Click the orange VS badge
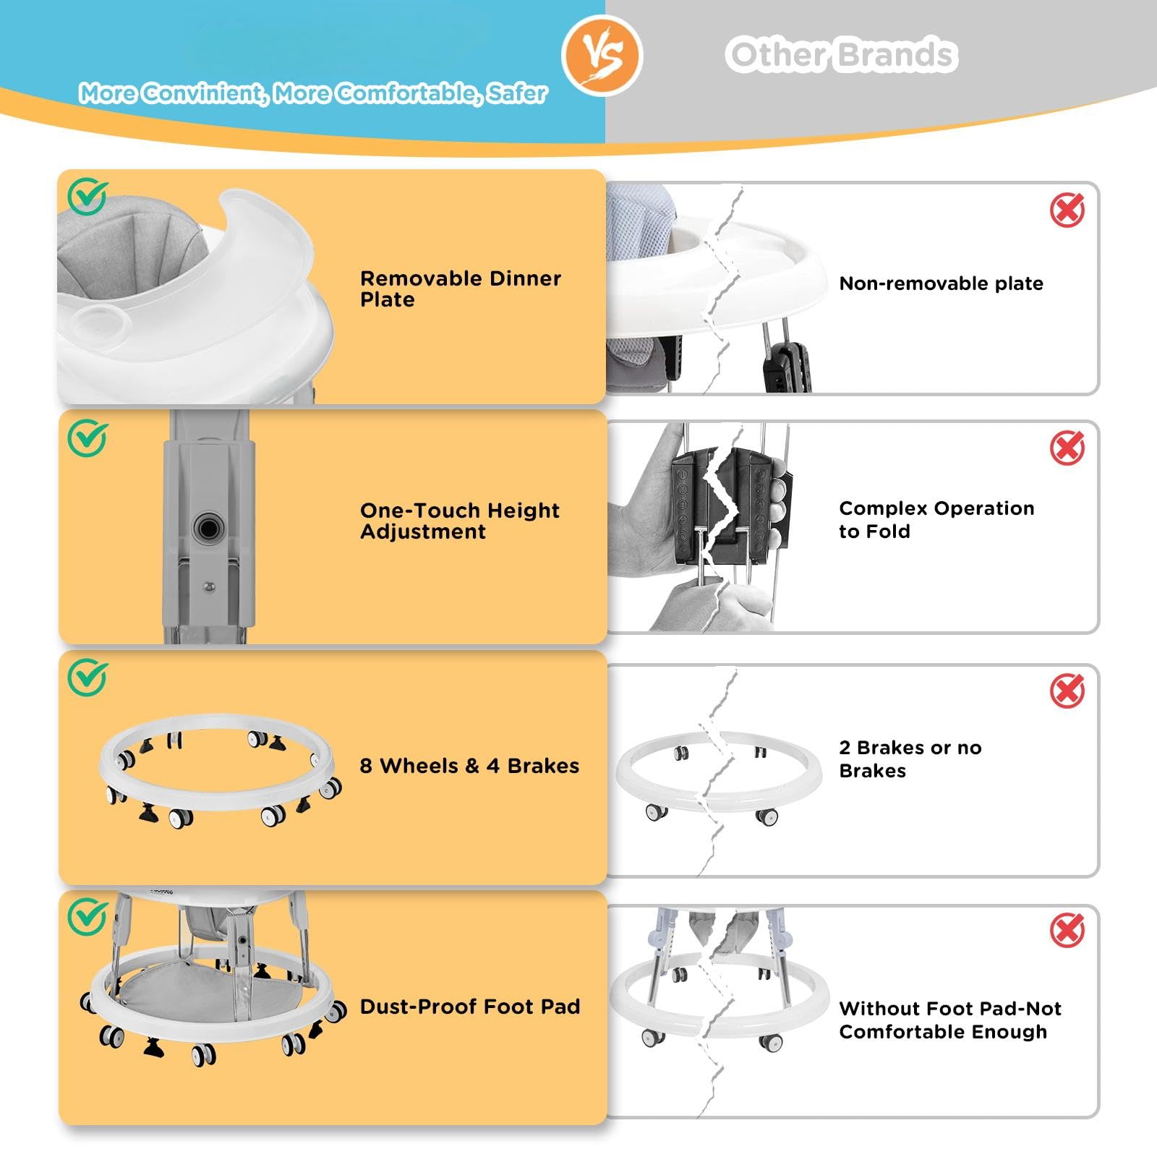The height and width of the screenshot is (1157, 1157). point(602,56)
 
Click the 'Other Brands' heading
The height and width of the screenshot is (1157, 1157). point(842,55)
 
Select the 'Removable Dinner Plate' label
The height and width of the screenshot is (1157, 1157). point(461,289)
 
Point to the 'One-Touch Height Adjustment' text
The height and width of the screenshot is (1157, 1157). point(460,521)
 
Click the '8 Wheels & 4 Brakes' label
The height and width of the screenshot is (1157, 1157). point(469,766)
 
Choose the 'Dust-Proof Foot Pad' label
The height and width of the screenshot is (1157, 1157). point(470,1007)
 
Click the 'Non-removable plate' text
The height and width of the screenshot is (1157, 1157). point(941,283)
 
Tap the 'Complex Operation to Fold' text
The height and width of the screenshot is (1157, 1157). point(936,520)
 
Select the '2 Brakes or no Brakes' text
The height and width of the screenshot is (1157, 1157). point(910,759)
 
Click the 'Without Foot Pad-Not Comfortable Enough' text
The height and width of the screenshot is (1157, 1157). point(950,1020)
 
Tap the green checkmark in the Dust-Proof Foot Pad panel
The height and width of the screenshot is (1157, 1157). point(87,917)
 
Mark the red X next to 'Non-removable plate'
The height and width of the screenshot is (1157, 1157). point(1067,210)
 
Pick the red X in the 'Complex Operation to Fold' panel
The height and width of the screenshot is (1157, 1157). point(1067,448)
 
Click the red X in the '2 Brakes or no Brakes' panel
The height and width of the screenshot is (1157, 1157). point(1067,691)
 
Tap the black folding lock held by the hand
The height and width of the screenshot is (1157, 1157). point(730,506)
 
